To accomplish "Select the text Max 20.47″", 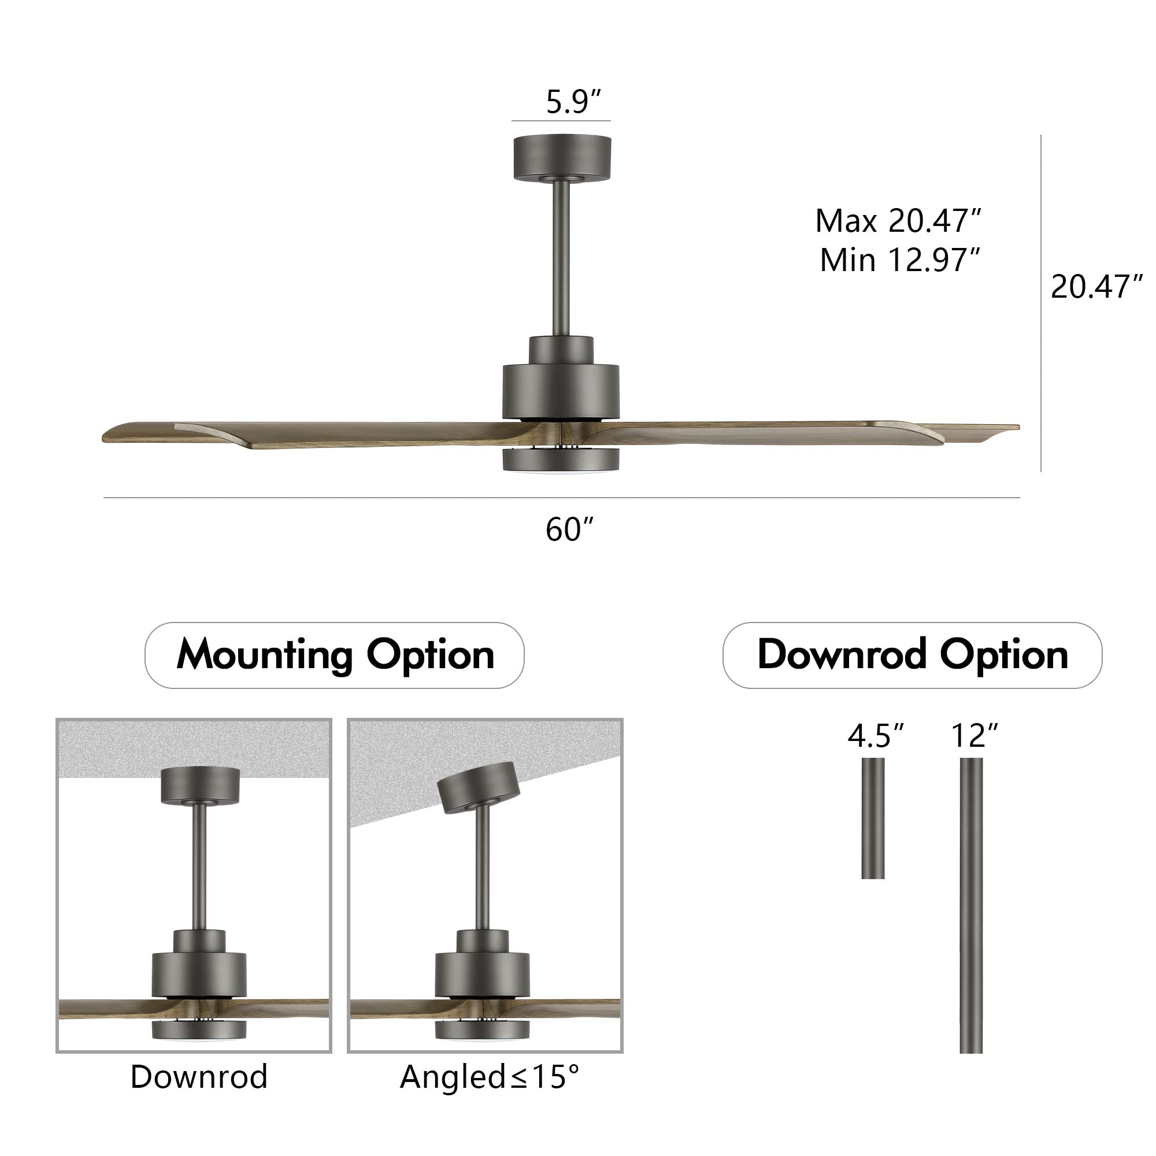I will pyautogui.click(x=898, y=221).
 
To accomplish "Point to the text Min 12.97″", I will pyautogui.click(x=899, y=260).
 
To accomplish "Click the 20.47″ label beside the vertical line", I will pyautogui.click(x=1096, y=287).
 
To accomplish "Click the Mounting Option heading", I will pyautogui.click(x=335, y=655).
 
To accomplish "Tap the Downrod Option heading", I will pyautogui.click(x=912, y=655).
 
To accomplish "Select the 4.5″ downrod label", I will pyautogui.click(x=875, y=736).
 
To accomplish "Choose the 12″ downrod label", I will pyautogui.click(x=975, y=736).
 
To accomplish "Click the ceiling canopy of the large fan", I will pyautogui.click(x=562, y=157).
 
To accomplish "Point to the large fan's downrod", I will pyautogui.click(x=561, y=257).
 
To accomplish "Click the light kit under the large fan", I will pyautogui.click(x=560, y=460).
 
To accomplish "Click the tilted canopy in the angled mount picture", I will pyautogui.click(x=477, y=787).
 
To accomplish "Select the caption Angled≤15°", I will pyautogui.click(x=490, y=1077).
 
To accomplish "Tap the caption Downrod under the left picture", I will pyautogui.click(x=199, y=1077).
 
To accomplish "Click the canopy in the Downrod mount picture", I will pyautogui.click(x=200, y=786).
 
